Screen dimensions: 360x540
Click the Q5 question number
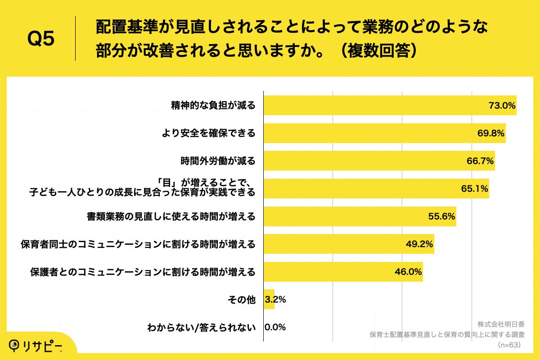point(41,39)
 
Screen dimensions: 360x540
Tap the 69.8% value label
point(491,133)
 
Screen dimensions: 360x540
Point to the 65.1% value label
point(475,189)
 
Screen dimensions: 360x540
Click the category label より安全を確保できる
point(208,133)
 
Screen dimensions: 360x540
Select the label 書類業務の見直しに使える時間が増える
point(171,216)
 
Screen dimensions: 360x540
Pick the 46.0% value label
point(409,272)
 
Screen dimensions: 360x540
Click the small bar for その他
point(269,299)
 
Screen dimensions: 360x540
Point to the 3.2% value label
point(275,300)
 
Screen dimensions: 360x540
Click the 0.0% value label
point(275,327)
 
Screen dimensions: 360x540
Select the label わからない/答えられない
point(202,327)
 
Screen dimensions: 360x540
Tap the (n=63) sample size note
point(509,345)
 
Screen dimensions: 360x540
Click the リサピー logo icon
point(15,345)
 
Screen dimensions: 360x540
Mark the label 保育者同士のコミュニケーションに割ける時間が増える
point(138,244)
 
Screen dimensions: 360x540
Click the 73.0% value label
point(502,106)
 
